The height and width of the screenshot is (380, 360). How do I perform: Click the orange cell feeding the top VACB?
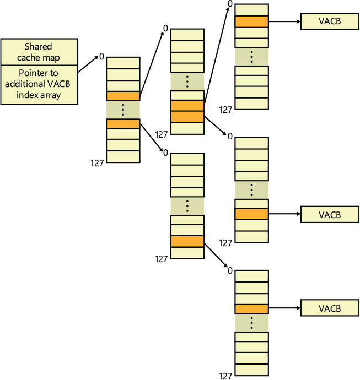tap(251, 22)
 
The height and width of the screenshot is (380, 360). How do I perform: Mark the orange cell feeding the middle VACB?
tap(251, 214)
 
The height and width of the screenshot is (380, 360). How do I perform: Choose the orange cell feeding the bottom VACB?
tap(251, 308)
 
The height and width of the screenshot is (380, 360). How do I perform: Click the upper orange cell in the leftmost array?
tap(123, 96)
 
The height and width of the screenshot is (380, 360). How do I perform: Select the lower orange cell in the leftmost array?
tap(123, 124)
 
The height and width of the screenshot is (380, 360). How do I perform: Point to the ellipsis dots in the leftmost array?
tap(123, 110)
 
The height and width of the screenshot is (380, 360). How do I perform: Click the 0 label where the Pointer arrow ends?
tap(102, 56)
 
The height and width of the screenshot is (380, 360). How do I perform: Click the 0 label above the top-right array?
tap(229, 4)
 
